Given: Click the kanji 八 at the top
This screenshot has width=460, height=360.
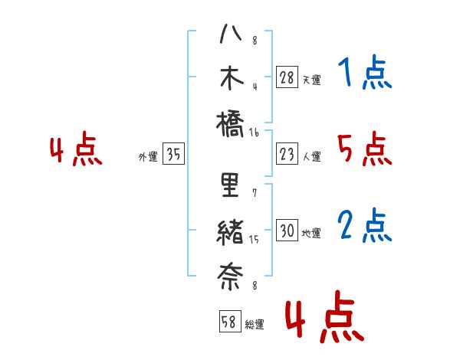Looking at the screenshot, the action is [x=230, y=35].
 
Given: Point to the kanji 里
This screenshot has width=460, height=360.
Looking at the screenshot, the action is [x=230, y=186].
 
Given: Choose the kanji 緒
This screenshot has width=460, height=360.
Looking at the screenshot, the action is [x=230, y=231].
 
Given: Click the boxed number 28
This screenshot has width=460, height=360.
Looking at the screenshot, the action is [x=287, y=77].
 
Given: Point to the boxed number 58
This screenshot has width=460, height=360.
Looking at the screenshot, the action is [x=228, y=322].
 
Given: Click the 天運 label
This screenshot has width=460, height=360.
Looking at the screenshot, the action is [x=311, y=80].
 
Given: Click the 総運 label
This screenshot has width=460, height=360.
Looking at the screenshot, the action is [x=255, y=325].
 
